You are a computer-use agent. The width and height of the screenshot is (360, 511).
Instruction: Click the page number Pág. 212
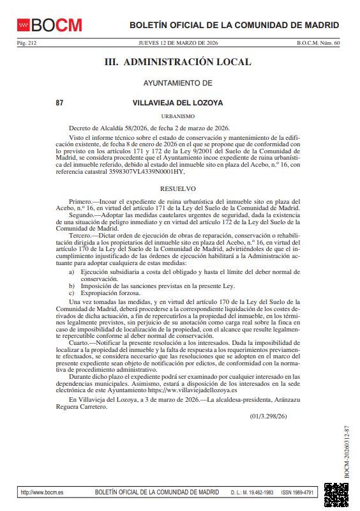27,43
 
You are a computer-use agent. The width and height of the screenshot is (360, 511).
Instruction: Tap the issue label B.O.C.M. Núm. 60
319,43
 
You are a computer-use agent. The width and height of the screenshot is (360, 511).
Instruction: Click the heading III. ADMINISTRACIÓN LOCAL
178,63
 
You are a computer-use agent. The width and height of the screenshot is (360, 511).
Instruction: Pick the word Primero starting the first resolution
80,201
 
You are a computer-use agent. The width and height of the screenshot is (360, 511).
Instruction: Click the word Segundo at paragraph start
82,215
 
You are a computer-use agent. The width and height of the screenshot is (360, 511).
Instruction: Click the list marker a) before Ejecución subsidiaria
72,272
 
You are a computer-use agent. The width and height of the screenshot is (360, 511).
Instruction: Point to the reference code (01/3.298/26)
268,416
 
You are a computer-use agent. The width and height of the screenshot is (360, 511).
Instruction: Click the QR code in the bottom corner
336,495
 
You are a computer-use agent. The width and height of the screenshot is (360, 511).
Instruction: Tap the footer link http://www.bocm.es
42,492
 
